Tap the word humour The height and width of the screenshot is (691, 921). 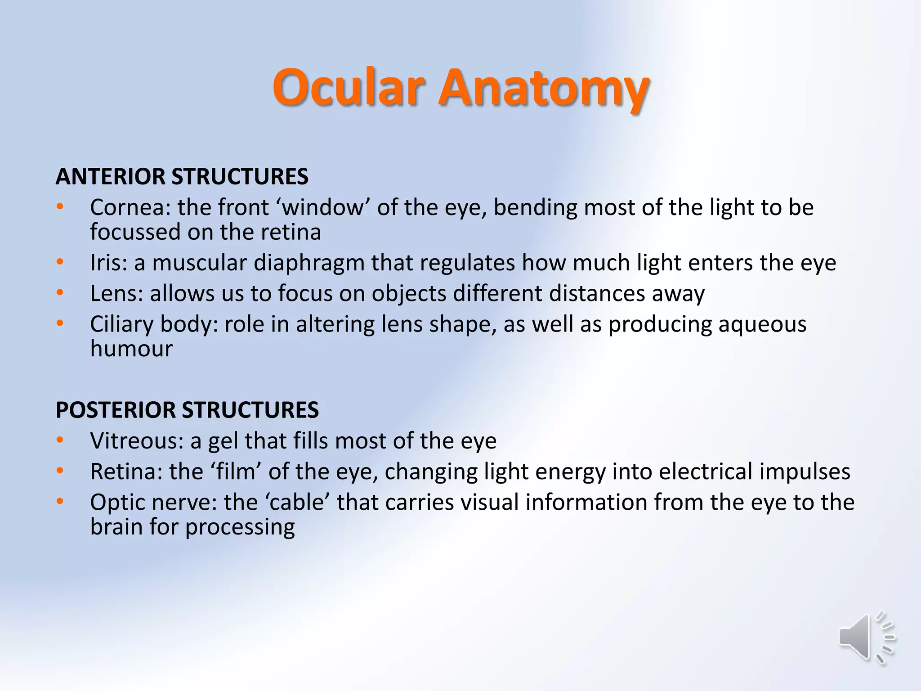(x=131, y=349)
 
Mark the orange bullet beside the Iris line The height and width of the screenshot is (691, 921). (x=60, y=262)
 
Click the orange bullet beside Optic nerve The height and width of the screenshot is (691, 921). (x=60, y=501)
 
